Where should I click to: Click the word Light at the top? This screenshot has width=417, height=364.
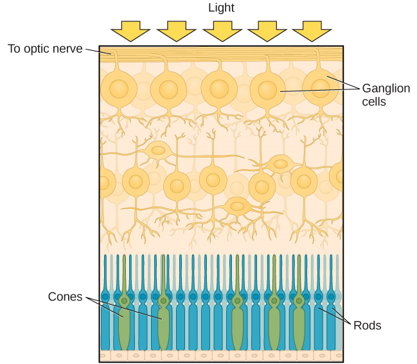pyautogui.click(x=222, y=8)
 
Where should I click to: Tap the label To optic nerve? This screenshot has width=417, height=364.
pyautogui.click(x=45, y=49)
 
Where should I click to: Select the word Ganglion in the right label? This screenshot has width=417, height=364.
pyautogui.click(x=386, y=88)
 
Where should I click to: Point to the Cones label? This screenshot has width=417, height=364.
pyautogui.click(x=66, y=296)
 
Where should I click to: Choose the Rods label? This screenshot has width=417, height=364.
pyautogui.click(x=368, y=325)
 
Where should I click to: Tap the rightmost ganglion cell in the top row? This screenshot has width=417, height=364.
pyautogui.click(x=320, y=88)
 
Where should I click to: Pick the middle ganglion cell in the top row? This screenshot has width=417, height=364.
pyautogui.click(x=218, y=88)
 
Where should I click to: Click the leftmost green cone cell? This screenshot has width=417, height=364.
pyautogui.click(x=123, y=322)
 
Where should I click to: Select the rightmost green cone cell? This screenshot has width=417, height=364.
pyautogui.click(x=299, y=322)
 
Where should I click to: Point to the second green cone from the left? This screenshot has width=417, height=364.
pyautogui.click(x=164, y=322)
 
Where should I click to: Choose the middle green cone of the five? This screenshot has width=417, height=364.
pyautogui.click(x=238, y=322)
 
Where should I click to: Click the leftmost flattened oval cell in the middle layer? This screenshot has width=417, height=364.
pyautogui.click(x=157, y=151)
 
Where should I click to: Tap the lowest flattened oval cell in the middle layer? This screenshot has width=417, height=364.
pyautogui.click(x=237, y=206)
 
